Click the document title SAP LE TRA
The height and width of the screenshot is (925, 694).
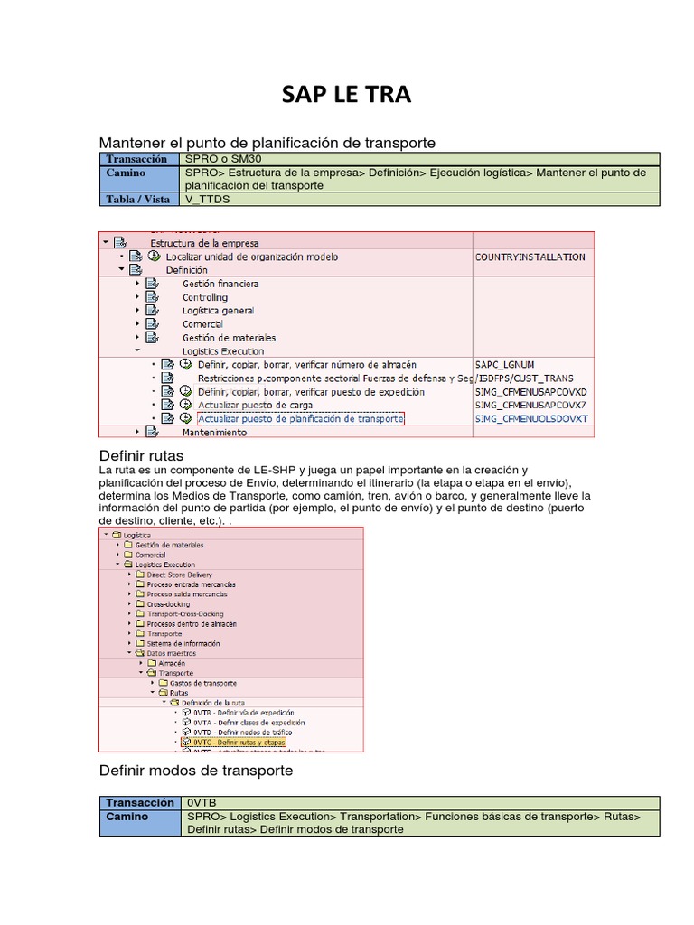[x=347, y=95]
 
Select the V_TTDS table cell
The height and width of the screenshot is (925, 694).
[x=204, y=199]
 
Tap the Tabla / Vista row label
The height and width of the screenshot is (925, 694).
[x=138, y=199]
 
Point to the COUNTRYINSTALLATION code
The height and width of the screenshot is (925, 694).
[x=530, y=257]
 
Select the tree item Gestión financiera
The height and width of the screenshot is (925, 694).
[x=220, y=284]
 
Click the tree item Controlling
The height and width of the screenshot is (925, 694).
[x=205, y=297]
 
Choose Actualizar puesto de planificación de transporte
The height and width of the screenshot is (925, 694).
[x=300, y=419]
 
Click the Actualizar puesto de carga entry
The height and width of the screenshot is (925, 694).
[x=255, y=406]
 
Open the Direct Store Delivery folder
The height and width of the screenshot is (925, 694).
[x=179, y=575]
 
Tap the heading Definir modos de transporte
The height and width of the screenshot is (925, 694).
[x=195, y=771]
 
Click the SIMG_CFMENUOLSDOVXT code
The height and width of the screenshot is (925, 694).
[x=530, y=419]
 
